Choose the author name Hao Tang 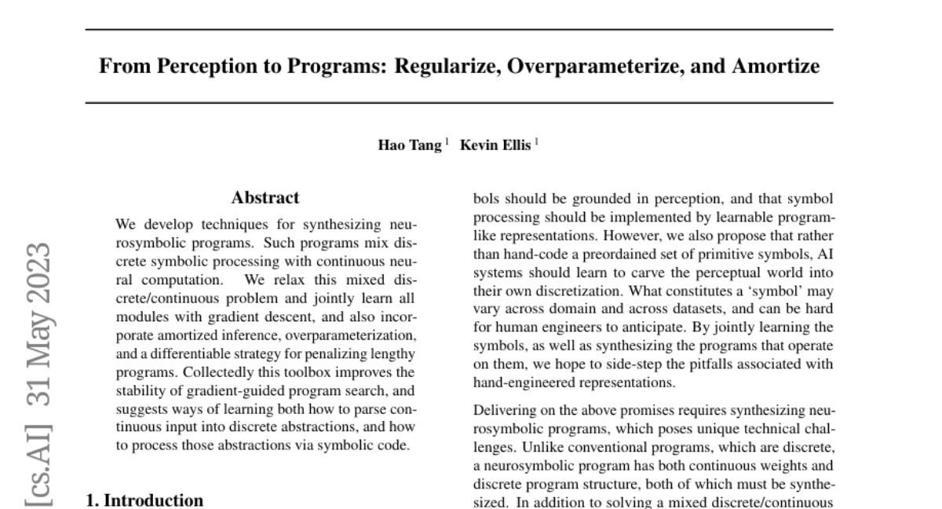coord(411,145)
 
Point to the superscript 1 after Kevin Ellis coord(537,142)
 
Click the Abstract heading coord(265,198)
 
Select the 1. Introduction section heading coord(144,500)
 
